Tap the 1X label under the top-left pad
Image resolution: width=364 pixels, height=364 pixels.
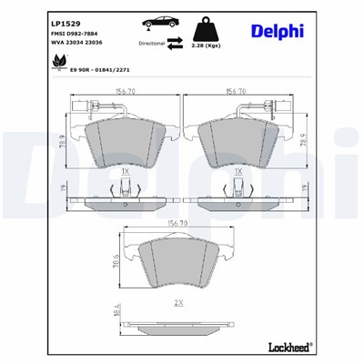[124, 169]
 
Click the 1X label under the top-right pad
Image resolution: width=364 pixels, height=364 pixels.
[239, 169]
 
